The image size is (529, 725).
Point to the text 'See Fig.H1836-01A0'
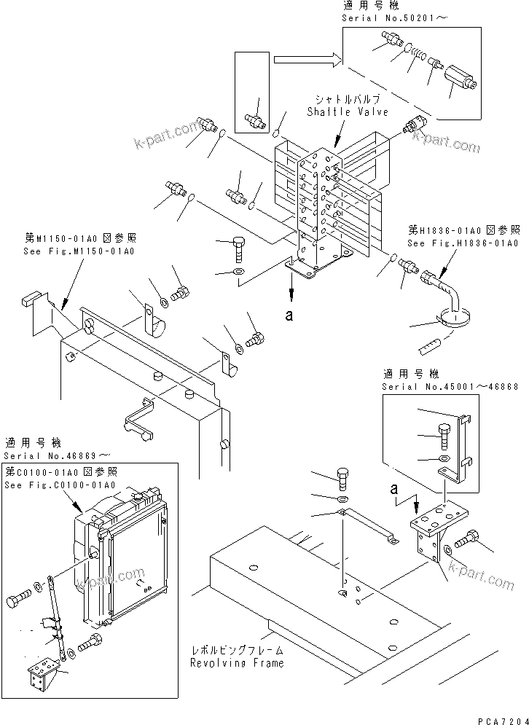462,243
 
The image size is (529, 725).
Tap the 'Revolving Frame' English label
238,663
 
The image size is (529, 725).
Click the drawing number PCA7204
502,718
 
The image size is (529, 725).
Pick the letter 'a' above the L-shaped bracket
394,488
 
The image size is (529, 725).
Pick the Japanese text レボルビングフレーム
238,651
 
